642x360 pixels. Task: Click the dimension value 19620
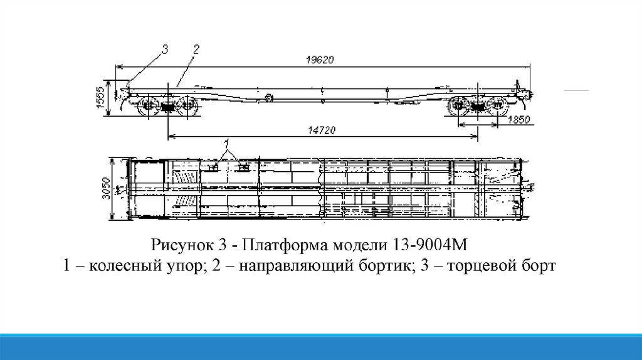pos(320,60)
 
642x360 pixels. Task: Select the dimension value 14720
pos(323,130)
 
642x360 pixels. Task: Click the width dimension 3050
pos(107,188)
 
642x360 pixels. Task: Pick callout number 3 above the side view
pos(165,48)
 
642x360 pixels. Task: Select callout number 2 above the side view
pos(196,48)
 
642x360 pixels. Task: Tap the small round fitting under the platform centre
pos(270,98)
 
